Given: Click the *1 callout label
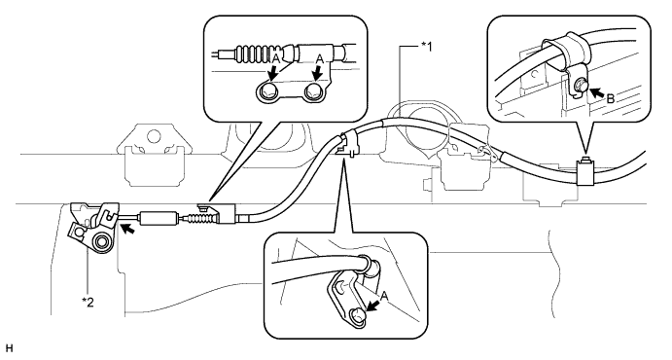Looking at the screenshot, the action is point(426,47).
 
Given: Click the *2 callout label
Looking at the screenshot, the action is point(88,303).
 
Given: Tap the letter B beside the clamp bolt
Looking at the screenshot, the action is point(611,99).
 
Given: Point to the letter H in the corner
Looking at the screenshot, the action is point(10,348).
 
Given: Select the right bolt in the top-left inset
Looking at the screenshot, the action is point(312,90).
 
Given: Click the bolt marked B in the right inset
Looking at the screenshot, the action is point(582,84).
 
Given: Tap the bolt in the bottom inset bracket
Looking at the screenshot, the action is point(359,315).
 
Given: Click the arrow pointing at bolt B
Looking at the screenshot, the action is point(596,91).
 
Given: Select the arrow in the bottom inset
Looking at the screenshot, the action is point(373,306).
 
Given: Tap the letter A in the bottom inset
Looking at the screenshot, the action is point(384,296).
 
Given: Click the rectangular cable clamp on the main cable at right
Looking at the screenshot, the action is point(585,172).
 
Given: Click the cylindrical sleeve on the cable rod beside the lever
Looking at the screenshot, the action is point(159,217).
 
